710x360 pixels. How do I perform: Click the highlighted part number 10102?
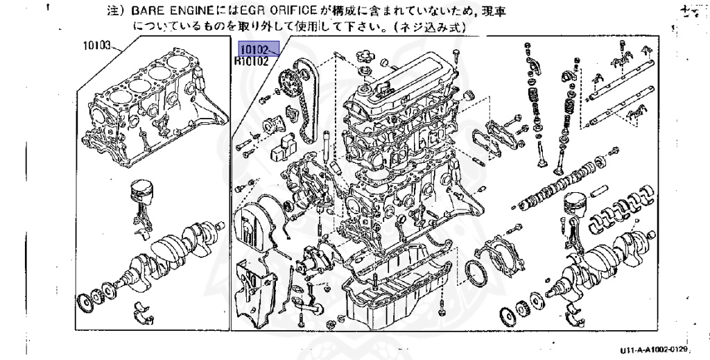tap(254, 51)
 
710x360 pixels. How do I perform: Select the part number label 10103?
tap(98, 46)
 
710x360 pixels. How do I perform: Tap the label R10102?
tap(251, 61)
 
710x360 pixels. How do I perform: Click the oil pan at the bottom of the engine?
tap(399, 291)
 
